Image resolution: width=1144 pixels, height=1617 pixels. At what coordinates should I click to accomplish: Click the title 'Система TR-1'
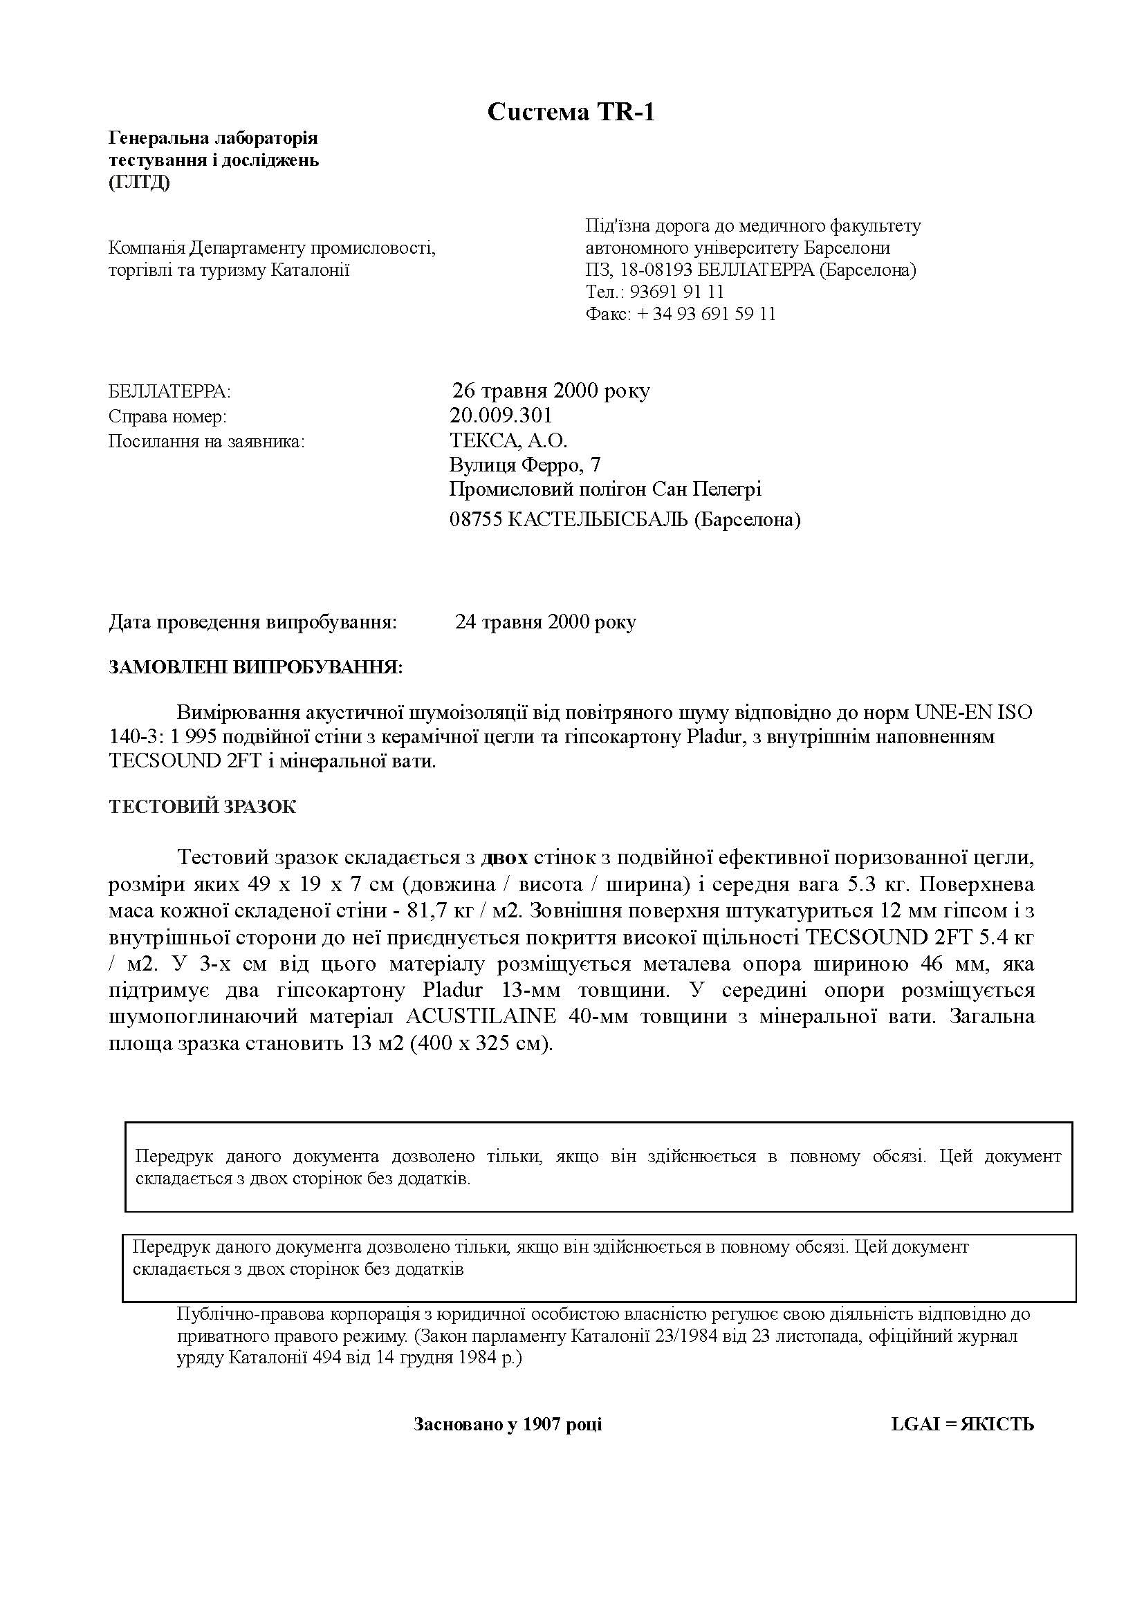coord(571,112)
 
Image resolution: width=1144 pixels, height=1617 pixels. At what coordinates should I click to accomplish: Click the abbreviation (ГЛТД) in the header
coord(139,183)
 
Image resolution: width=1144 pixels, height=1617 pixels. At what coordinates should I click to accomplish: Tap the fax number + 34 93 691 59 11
coord(706,314)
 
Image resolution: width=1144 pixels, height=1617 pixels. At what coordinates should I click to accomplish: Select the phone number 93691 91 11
coord(676,292)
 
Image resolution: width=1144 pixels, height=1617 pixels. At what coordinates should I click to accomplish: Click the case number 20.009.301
coord(501,415)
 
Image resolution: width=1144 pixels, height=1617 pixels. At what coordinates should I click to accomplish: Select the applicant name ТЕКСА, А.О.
coord(508,441)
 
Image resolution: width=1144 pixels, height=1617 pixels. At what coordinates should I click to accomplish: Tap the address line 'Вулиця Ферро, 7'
coord(525,465)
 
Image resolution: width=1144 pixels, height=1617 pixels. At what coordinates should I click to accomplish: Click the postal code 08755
coord(475,520)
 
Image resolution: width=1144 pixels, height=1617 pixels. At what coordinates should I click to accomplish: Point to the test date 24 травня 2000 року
coord(545,623)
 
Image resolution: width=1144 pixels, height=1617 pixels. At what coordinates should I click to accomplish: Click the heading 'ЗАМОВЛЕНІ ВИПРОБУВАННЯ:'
coord(256,667)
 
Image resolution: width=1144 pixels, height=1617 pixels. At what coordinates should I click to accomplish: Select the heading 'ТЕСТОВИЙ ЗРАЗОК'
coord(202,807)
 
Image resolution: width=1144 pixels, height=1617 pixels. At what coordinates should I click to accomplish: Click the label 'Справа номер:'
coord(167,416)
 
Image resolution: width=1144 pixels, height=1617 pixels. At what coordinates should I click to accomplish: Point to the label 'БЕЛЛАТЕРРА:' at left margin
coord(169,391)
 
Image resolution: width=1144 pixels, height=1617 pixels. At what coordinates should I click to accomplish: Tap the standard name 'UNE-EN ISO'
coord(974,712)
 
